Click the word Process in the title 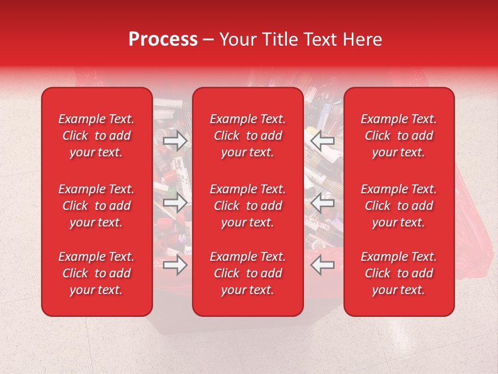point(163,39)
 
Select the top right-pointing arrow point(175,140)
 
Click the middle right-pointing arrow point(175,203)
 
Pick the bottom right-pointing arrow point(175,265)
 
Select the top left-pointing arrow point(323,140)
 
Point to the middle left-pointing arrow point(323,203)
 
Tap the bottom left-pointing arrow point(323,265)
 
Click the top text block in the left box point(96,136)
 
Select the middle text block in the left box point(96,206)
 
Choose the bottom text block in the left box point(96,273)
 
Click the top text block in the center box point(247,136)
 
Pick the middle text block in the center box point(247,206)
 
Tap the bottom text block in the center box point(247,273)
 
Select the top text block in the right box point(399,136)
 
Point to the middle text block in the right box point(399,206)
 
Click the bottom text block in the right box point(399,273)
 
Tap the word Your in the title point(235,39)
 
